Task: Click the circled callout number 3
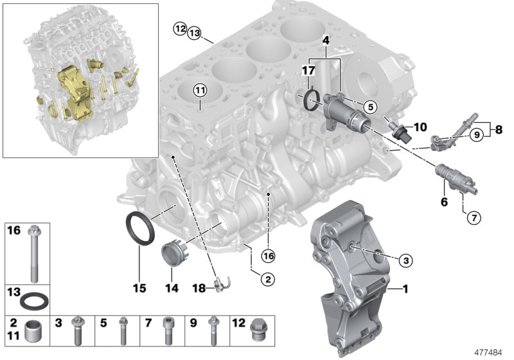[405, 260]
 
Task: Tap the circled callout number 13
[194, 33]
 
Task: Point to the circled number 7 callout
[472, 218]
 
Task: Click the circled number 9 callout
[475, 134]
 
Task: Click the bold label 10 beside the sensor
[419, 127]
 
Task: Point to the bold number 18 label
[200, 289]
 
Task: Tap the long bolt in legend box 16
[31, 253]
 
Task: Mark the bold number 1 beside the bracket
[405, 290]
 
